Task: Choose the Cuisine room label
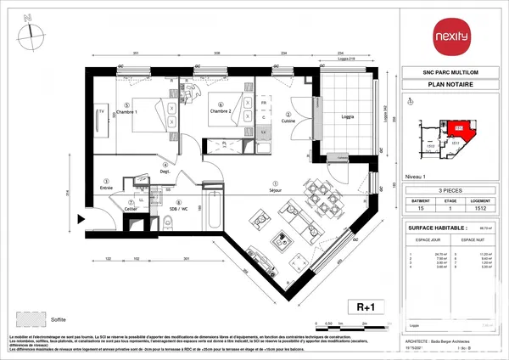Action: point(288,121)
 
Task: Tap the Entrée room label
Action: point(107,187)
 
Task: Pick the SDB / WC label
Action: point(177,208)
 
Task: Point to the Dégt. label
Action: point(165,171)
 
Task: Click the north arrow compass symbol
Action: point(31,31)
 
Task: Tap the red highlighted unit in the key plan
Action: point(459,127)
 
